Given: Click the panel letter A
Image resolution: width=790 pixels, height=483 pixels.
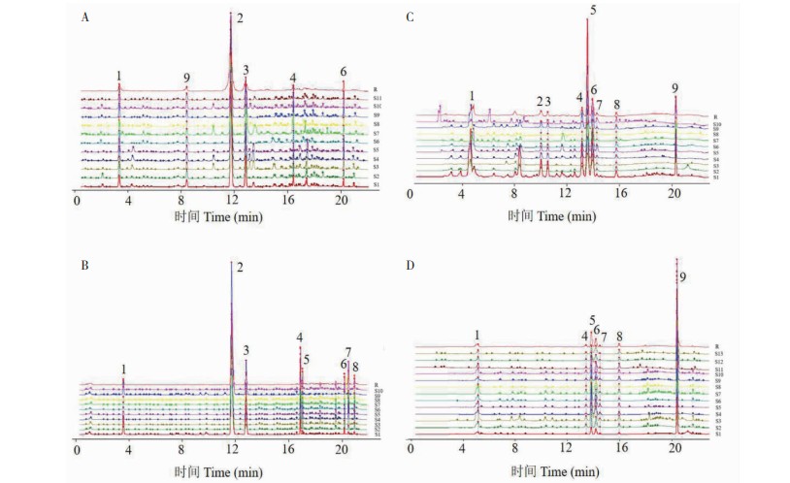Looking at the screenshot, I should [x=86, y=16].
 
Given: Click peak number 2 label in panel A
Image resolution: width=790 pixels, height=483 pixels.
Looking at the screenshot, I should [x=240, y=18].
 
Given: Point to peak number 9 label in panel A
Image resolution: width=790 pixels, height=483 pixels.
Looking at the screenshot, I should [x=186, y=79].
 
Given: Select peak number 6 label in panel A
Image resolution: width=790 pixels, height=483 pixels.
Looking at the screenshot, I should [x=343, y=72].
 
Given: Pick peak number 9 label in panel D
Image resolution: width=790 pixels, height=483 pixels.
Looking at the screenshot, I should [x=683, y=278].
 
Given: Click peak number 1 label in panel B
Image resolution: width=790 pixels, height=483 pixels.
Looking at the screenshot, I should [x=124, y=369].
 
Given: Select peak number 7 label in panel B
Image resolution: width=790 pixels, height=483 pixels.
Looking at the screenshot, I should [x=348, y=352].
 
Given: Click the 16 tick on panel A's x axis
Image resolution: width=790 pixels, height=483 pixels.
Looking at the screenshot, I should [x=288, y=200].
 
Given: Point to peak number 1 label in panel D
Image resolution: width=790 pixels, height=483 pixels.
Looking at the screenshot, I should [x=477, y=335].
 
